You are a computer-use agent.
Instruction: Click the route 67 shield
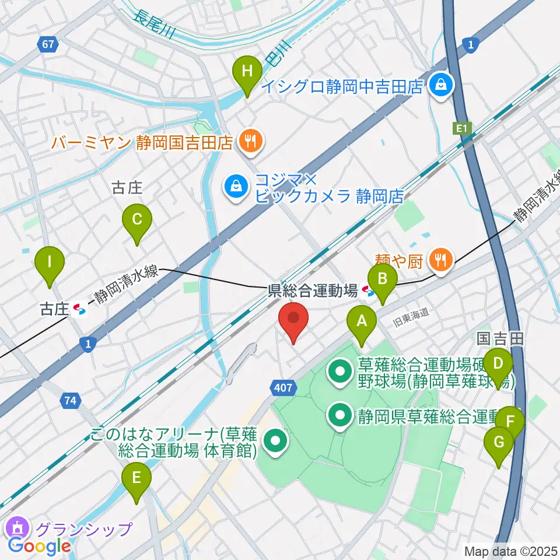[x=47, y=43]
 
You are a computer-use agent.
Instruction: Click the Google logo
[x=39, y=546]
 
